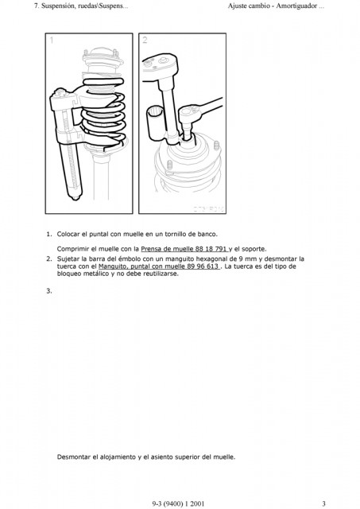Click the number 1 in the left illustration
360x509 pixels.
52,41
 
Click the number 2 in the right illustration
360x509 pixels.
145,40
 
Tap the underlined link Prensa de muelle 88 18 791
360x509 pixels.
184,249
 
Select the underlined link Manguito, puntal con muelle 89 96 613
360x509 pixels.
159,266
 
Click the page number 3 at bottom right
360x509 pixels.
323,503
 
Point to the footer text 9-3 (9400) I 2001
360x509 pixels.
178,503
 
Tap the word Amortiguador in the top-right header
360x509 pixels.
296,6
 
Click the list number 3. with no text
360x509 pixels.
49,291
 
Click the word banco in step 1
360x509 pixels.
207,234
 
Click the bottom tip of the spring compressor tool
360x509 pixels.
75,198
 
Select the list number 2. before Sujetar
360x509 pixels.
49,259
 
